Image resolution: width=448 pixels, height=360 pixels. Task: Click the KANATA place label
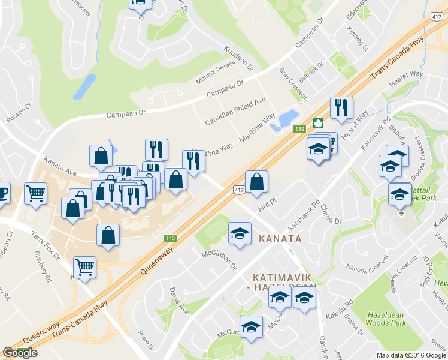280,239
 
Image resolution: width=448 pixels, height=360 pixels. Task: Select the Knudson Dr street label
238,58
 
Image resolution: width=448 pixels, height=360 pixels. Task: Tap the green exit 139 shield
300,128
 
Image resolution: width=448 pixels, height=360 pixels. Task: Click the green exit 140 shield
171,238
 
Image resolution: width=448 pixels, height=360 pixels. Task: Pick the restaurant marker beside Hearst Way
341,108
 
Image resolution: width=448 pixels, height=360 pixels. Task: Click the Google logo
20,353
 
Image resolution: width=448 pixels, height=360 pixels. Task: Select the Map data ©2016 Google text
411,355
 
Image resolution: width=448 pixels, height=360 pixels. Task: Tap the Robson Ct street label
18,112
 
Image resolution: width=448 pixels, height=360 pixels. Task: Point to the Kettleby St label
358,38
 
